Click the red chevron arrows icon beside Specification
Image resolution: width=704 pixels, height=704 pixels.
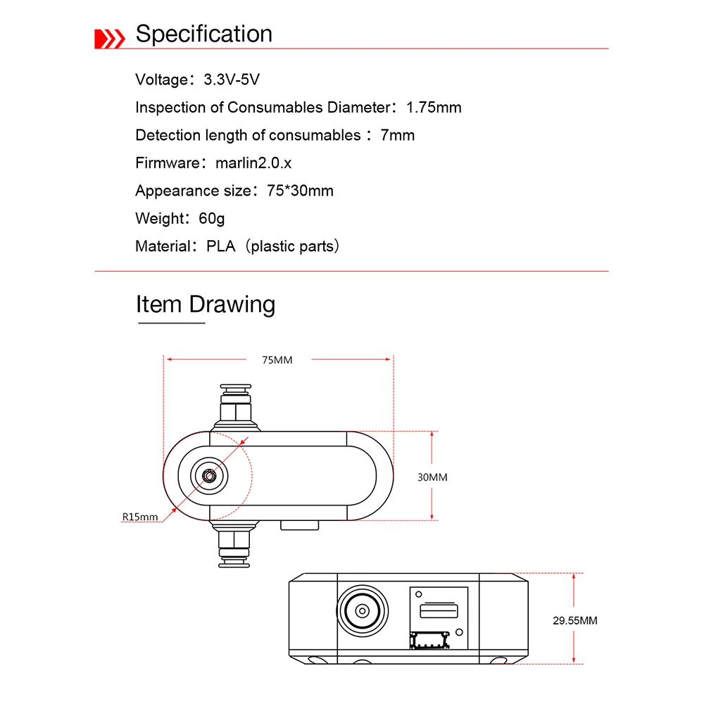point(110,38)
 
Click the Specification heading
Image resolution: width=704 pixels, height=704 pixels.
point(203,34)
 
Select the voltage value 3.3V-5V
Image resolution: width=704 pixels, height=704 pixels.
point(232,80)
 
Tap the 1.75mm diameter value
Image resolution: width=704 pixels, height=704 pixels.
point(434,108)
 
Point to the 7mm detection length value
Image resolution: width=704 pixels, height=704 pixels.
point(397,135)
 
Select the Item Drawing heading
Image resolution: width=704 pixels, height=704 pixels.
point(205,304)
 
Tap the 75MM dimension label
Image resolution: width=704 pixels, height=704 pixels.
point(277,360)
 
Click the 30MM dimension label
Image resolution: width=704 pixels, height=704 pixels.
point(432,477)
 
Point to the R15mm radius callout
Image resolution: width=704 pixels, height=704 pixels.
point(140,517)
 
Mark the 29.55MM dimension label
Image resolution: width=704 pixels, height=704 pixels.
point(574,620)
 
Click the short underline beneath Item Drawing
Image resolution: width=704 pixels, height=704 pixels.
point(170,323)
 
